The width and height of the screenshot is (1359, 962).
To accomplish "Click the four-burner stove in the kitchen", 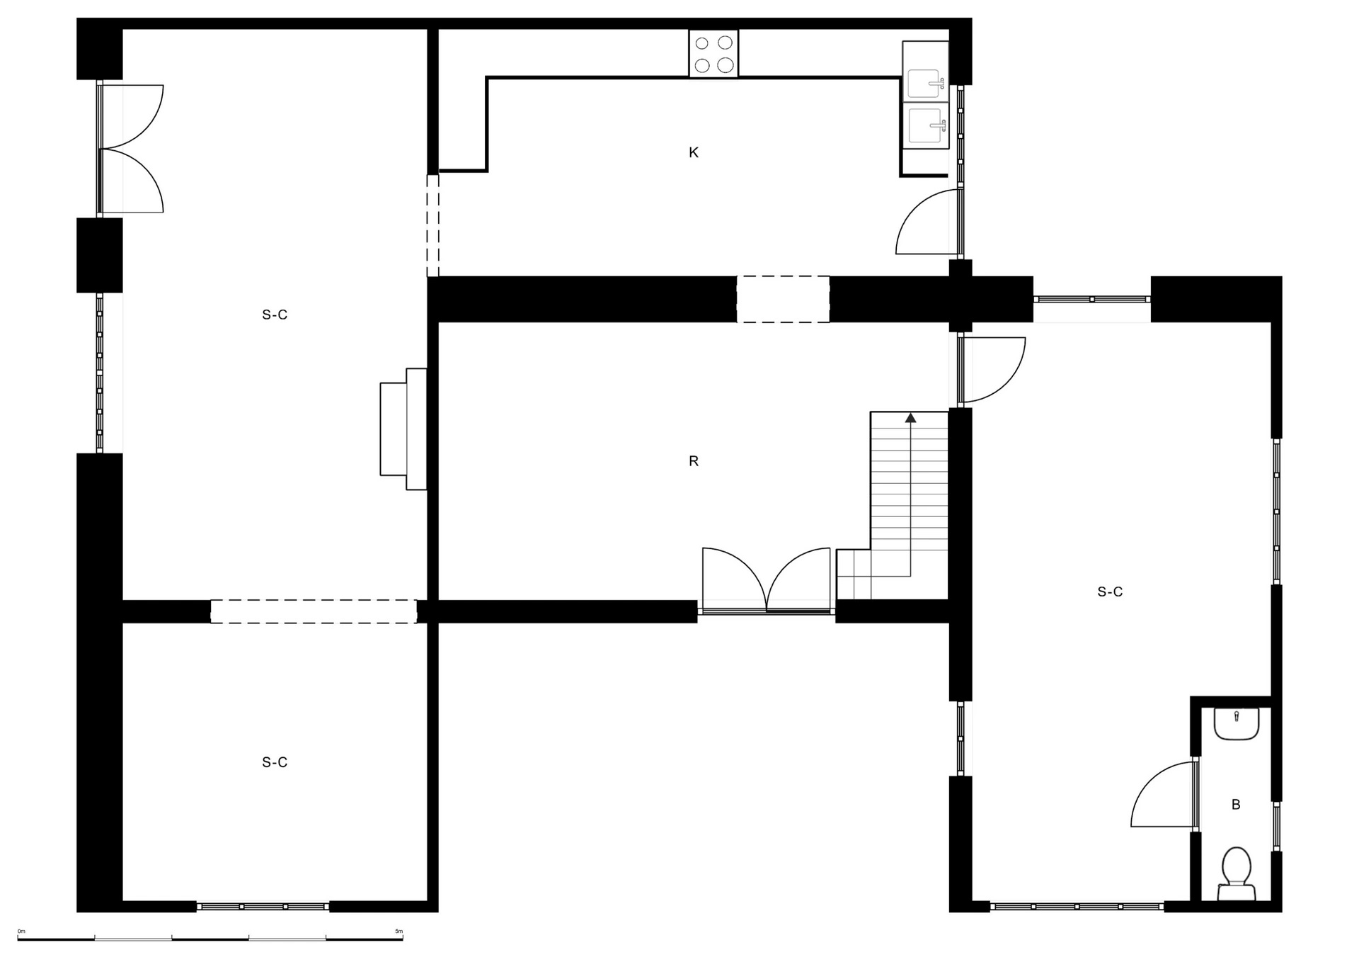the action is (713, 53).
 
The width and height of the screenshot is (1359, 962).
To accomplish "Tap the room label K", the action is (694, 152).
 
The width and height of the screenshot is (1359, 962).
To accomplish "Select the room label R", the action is (694, 461).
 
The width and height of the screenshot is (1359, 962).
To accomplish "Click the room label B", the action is (1236, 805).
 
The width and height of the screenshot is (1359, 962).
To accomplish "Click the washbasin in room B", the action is (1237, 724).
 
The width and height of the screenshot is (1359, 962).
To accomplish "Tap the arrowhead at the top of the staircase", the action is (910, 418).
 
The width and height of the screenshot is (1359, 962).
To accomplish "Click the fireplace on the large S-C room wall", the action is (403, 429).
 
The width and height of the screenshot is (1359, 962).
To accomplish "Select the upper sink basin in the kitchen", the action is (926, 84).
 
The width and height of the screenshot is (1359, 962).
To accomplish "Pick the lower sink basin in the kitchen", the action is (926, 125).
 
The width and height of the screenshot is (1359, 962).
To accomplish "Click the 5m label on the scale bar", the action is (398, 932).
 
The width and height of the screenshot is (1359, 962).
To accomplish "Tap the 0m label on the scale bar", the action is (21, 932).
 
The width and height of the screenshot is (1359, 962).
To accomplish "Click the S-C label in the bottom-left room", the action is (275, 762).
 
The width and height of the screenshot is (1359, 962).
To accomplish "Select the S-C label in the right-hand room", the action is (1110, 592).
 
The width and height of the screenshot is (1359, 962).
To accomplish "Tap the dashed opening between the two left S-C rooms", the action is (314, 611).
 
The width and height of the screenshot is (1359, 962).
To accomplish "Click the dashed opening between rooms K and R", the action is (783, 299).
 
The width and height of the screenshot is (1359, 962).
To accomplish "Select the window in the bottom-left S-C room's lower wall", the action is (263, 906).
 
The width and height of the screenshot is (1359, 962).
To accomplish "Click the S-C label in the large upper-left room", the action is (275, 315).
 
